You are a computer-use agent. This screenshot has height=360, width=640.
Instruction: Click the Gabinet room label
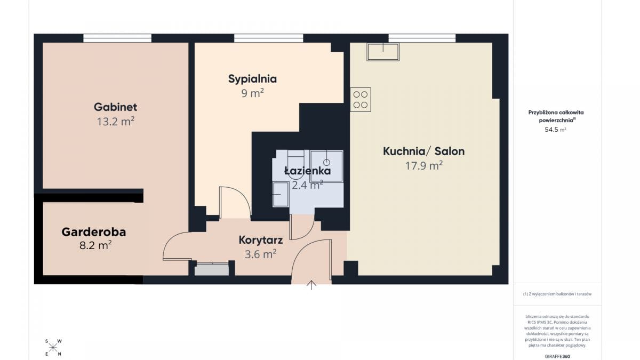115,107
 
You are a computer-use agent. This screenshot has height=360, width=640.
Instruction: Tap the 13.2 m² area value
115,122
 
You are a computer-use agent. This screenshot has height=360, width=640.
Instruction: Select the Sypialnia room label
252,79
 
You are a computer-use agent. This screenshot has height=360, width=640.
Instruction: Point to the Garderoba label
94,232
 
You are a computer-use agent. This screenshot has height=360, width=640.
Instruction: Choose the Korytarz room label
260,240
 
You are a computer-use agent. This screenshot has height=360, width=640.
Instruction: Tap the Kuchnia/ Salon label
423,151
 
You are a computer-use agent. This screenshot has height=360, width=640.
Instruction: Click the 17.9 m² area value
423,166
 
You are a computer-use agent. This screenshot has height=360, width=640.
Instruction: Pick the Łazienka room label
307,171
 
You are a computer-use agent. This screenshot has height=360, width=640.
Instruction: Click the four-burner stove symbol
361,100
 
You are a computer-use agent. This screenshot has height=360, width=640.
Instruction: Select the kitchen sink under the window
383,52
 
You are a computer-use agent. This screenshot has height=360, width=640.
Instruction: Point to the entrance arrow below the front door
311,285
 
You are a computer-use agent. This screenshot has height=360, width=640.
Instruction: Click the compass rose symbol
53,348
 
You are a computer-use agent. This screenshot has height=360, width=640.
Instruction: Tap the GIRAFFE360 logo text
557,355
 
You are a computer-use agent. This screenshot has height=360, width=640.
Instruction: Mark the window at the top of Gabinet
117,38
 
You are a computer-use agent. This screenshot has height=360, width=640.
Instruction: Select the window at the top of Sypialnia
268,38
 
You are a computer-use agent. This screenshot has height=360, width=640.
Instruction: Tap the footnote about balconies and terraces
557,294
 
